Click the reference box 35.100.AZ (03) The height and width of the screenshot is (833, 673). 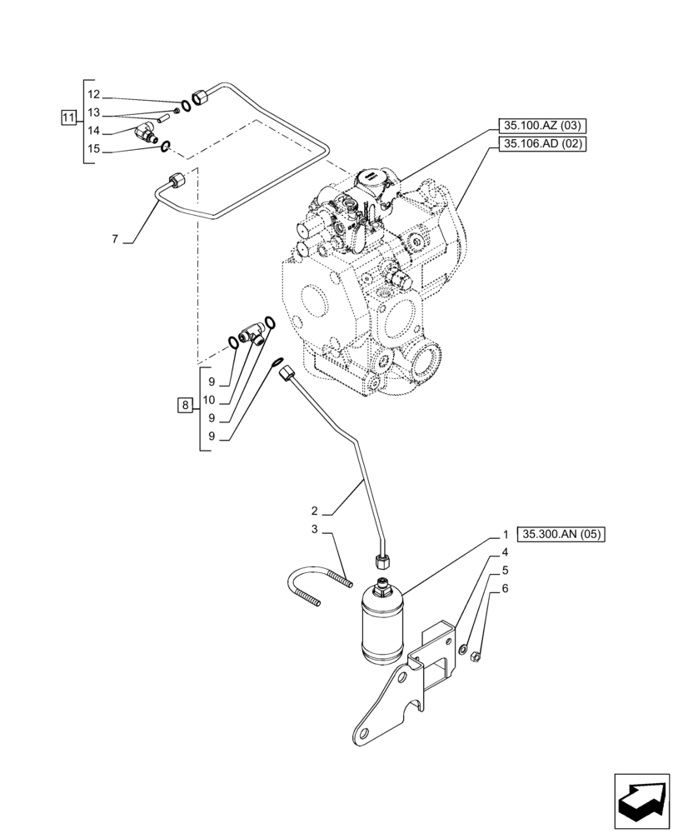point(541,126)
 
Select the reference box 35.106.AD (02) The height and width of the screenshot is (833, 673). point(541,144)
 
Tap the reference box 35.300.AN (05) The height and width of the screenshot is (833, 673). point(560,534)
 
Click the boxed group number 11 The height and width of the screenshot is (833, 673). point(68,117)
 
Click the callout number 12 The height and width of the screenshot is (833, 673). point(93,94)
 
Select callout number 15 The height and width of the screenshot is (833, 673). point(93,149)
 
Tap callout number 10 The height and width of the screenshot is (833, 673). point(212,400)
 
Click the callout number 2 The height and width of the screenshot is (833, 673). point(316,510)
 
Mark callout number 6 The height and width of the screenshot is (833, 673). point(505,589)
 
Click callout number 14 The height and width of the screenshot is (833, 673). point(93,131)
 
